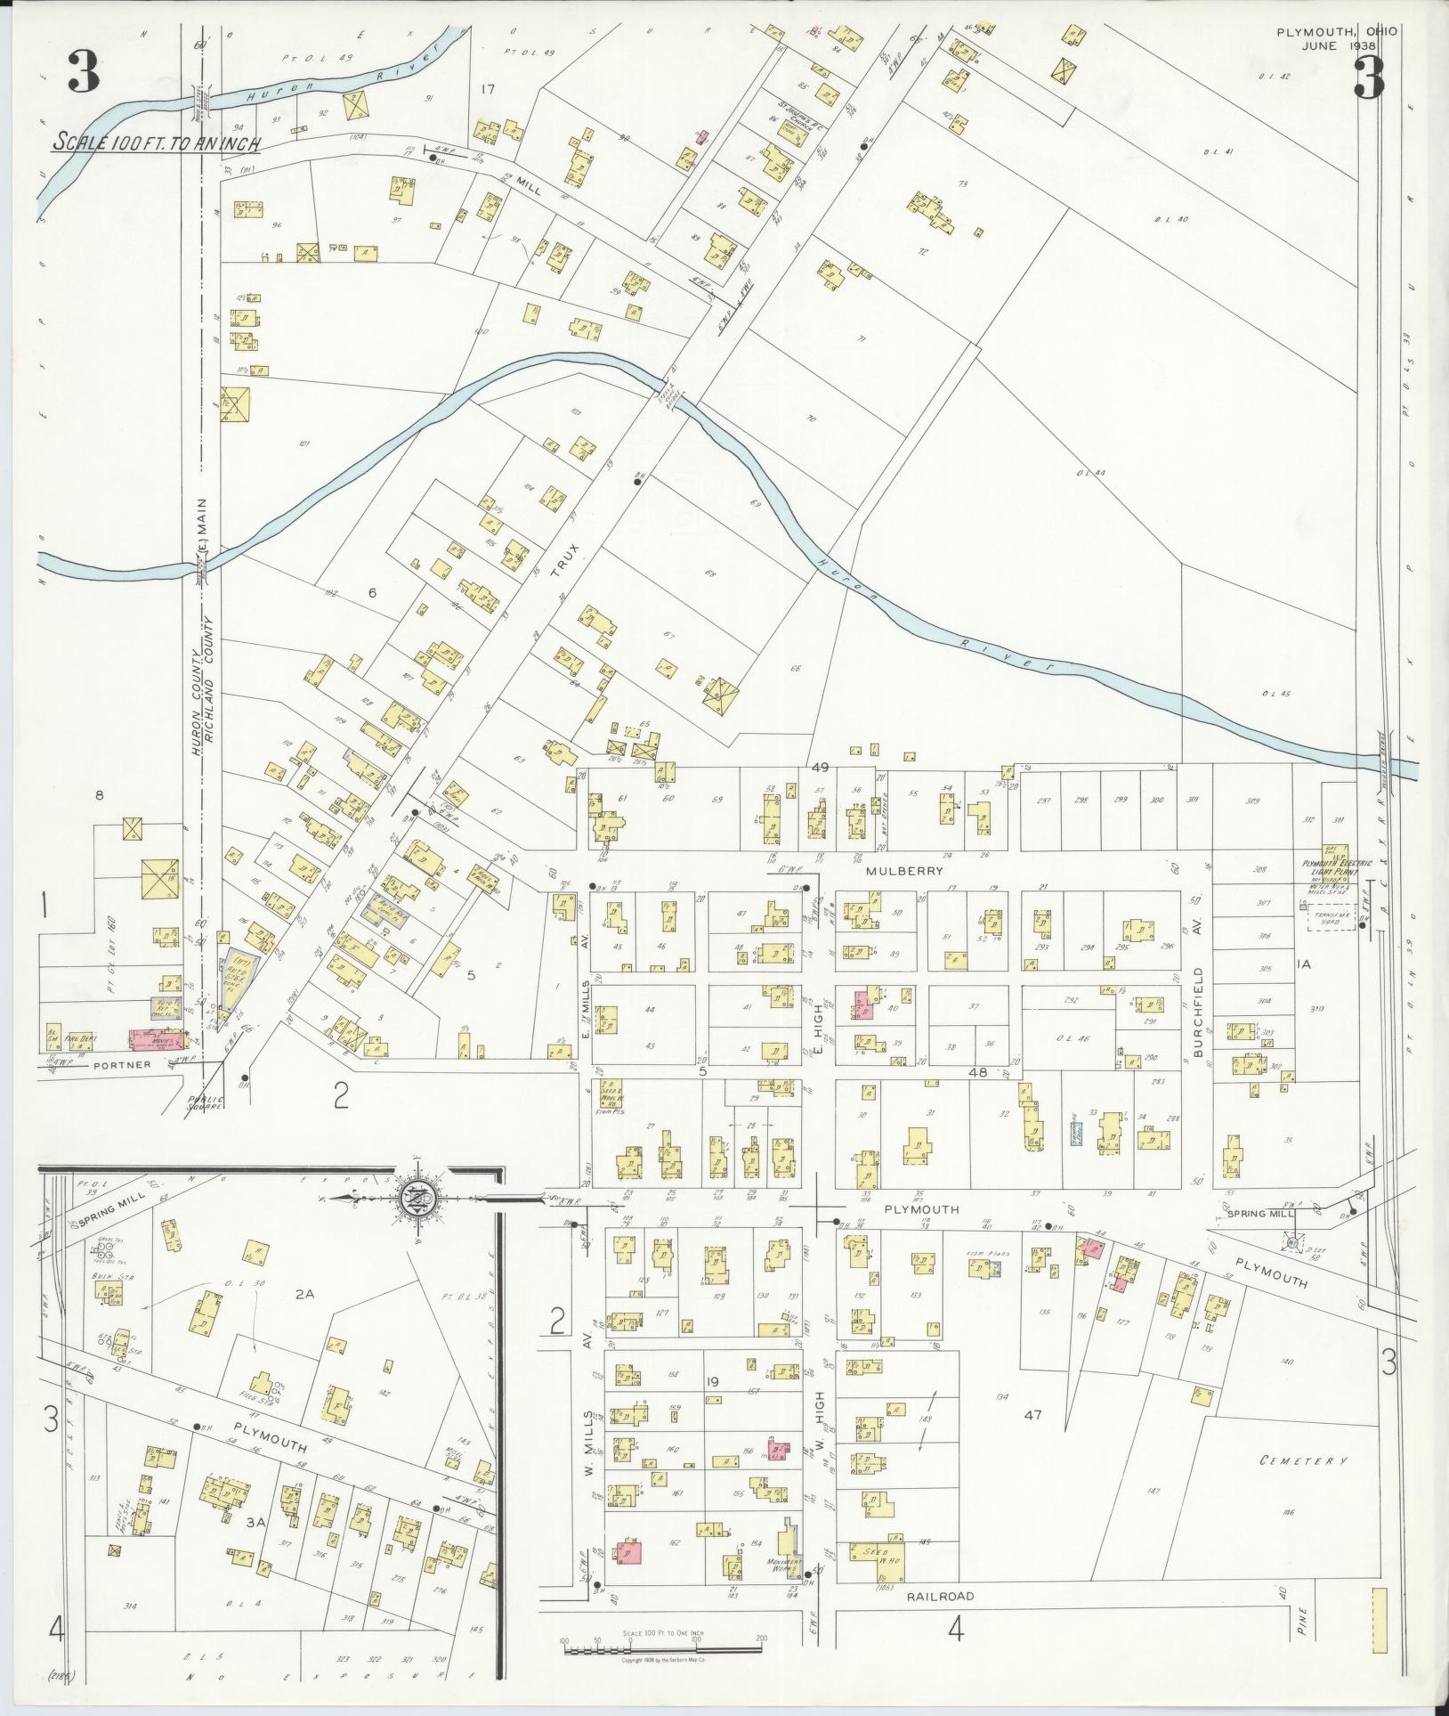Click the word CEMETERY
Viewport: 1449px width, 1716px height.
[x=1304, y=1461]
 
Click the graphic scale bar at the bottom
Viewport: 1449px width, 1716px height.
[x=663, y=1648]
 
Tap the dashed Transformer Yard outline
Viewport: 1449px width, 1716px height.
[x=1331, y=921]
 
